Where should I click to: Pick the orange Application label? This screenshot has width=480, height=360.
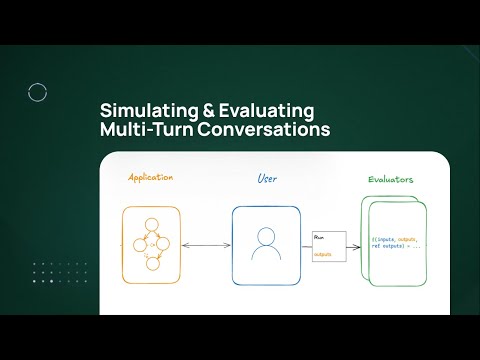coord(152,178)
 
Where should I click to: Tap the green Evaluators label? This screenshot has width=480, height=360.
coord(391,180)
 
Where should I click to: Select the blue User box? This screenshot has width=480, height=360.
coord(266,244)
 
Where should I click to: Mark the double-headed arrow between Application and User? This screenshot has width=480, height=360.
coord(208,245)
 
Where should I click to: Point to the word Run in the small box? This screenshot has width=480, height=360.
coord(319,237)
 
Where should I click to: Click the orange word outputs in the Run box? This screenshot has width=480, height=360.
coord(322,254)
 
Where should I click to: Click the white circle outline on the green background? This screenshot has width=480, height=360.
coord(38,93)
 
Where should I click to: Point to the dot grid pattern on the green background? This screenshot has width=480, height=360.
coord(49,276)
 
